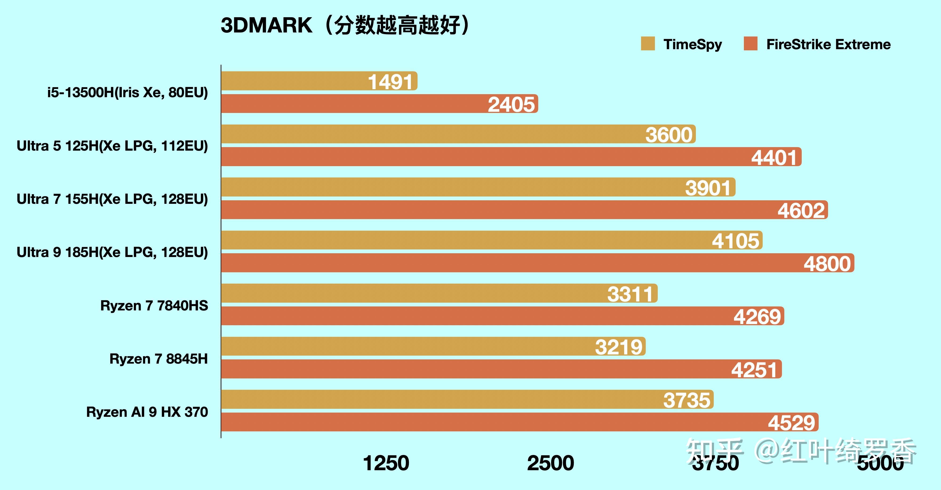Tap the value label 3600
pyautogui.click(x=669, y=134)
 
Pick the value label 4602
pyautogui.click(x=801, y=210)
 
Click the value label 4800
pyautogui.click(x=827, y=263)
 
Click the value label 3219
pyautogui.click(x=618, y=347)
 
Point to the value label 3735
pyautogui.click(x=687, y=400)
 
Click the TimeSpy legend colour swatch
pyautogui.click(x=648, y=44)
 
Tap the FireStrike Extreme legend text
pyautogui.click(x=828, y=44)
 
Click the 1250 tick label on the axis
pyautogui.click(x=386, y=463)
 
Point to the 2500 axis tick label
pyautogui.click(x=550, y=463)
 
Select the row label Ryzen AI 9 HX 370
pyautogui.click(x=147, y=412)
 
